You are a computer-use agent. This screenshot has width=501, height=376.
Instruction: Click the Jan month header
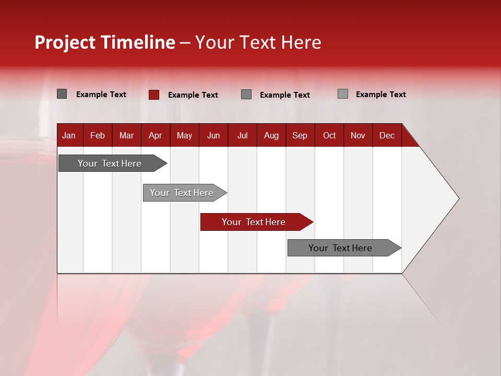tap(69, 136)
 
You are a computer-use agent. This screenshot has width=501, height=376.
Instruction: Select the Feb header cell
tap(98, 136)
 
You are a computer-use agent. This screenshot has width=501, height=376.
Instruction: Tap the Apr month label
tap(155, 136)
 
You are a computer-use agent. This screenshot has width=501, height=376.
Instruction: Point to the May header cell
tap(184, 136)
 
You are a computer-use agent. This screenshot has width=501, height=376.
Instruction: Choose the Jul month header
tap(243, 136)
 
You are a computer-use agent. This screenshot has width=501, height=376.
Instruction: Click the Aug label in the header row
tap(271, 136)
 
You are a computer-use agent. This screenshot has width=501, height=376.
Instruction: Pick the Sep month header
tap(300, 136)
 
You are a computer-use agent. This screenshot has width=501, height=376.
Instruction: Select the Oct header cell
tap(329, 136)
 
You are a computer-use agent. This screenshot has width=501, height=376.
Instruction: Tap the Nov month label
tap(358, 136)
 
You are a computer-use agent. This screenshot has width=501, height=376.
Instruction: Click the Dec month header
tap(387, 136)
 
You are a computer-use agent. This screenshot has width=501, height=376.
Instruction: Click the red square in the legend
tap(153, 95)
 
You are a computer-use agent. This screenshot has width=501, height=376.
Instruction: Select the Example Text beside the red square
tap(193, 95)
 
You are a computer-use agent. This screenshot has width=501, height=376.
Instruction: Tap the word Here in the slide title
tap(301, 42)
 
